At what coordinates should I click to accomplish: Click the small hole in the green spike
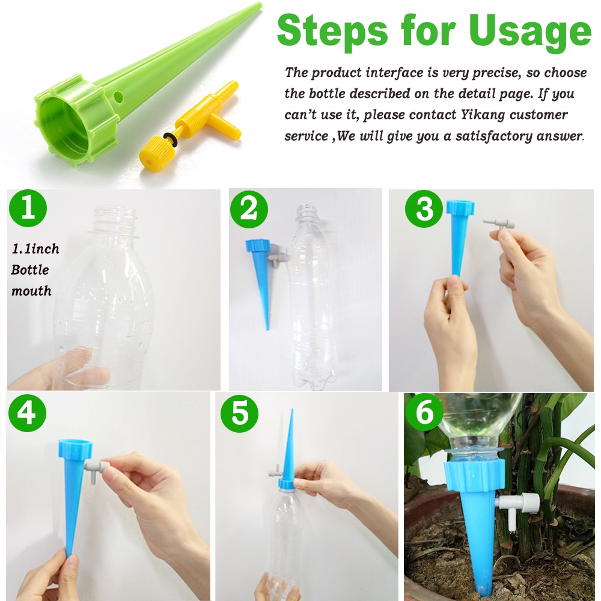[x=118, y=96]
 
